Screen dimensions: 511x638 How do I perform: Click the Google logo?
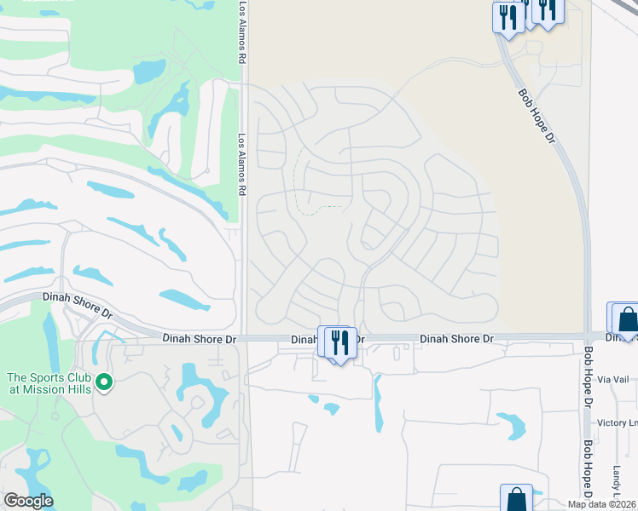(x=28, y=501)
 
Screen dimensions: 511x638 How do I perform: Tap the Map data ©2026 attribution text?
(x=602, y=504)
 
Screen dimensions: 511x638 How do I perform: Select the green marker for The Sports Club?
(x=105, y=383)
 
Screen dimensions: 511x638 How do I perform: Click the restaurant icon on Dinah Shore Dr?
(x=339, y=343)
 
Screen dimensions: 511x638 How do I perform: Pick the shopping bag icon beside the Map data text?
(x=516, y=499)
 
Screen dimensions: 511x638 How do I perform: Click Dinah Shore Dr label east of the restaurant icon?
(x=456, y=339)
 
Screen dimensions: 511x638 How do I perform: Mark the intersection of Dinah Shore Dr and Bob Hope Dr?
(x=588, y=337)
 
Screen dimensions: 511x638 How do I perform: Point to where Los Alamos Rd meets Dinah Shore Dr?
(x=242, y=338)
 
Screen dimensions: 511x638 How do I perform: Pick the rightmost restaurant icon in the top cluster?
(x=547, y=9)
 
